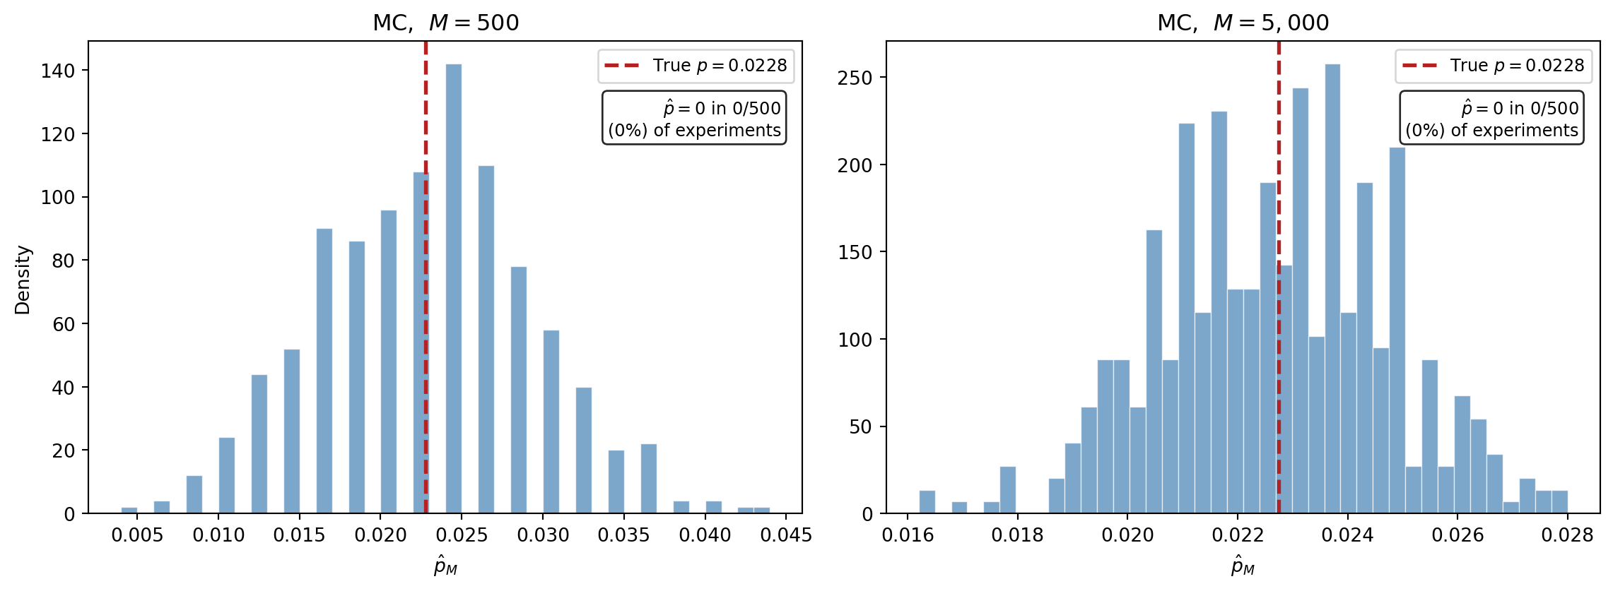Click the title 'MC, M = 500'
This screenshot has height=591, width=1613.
pyautogui.click(x=445, y=23)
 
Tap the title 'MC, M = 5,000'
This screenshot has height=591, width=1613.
pyautogui.click(x=1243, y=23)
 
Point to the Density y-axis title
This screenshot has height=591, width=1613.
pyautogui.click(x=23, y=280)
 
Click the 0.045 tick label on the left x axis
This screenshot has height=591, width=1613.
pyautogui.click(x=786, y=535)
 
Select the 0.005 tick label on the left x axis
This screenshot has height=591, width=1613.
pyautogui.click(x=137, y=535)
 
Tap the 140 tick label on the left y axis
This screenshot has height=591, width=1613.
pyautogui.click(x=58, y=71)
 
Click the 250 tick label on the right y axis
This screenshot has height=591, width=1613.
pyautogui.click(x=855, y=78)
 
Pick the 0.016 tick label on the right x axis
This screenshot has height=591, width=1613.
pyautogui.click(x=908, y=535)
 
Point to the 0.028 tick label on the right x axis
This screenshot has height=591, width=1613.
pyautogui.click(x=1567, y=535)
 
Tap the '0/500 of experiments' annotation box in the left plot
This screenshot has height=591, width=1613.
pyautogui.click(x=694, y=118)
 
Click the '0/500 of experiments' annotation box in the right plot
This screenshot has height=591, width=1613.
pyautogui.click(x=1491, y=118)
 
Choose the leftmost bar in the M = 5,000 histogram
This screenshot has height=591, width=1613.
pyautogui.click(x=927, y=502)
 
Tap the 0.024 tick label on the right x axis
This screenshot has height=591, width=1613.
pyautogui.click(x=1347, y=535)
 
